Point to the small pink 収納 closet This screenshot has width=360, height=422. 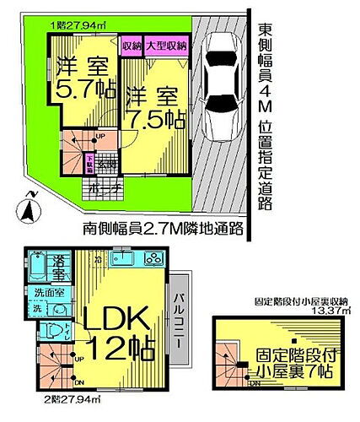132,46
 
